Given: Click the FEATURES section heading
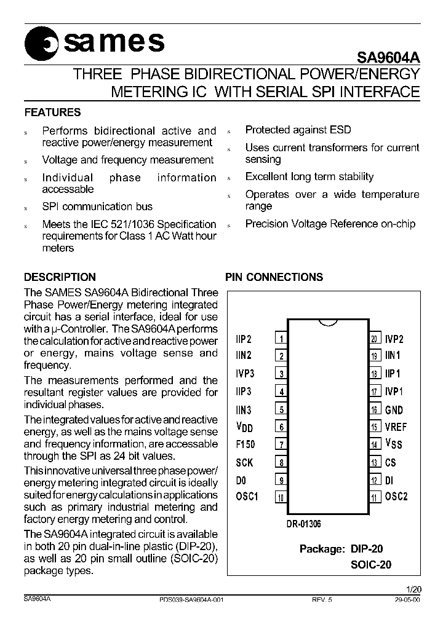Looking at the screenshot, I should click(x=52, y=112).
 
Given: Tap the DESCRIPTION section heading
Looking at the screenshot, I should click(x=60, y=277).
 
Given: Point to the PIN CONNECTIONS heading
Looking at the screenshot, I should click(x=274, y=277).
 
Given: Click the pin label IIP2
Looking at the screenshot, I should click(x=244, y=339).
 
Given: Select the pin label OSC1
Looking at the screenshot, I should click(x=246, y=497).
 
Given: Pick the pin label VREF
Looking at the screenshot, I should click(x=396, y=427).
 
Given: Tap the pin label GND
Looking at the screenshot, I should click(x=394, y=410).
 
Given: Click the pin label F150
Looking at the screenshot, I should click(x=245, y=444).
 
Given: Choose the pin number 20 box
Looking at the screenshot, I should click(x=374, y=339).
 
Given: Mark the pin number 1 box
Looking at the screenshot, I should click(x=281, y=339).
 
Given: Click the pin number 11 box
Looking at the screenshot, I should click(x=374, y=497).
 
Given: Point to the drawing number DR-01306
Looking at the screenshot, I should click(x=303, y=524).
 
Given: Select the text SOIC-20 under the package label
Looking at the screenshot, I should click(x=370, y=564).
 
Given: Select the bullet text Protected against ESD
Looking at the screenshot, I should click(x=298, y=130).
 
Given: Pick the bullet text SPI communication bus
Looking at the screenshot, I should click(x=97, y=207).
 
